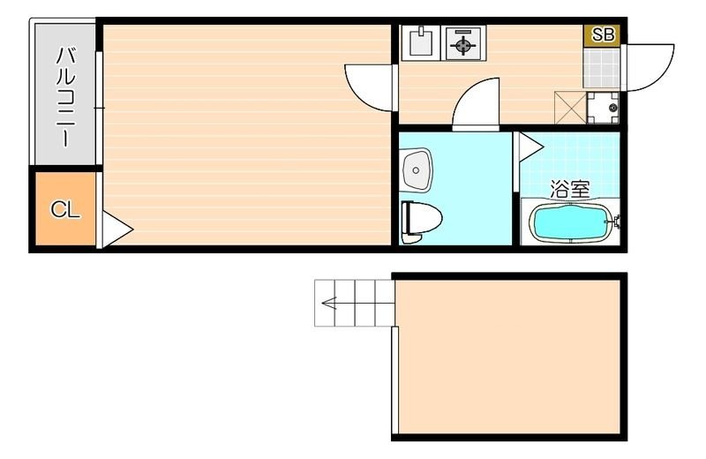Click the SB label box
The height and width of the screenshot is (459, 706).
click(603, 35)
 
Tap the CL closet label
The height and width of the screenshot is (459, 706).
click(65, 209)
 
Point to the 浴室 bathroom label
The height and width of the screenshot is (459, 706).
click(569, 189)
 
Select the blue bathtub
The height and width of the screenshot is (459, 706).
click(570, 223)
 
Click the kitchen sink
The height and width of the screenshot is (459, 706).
click(422, 42)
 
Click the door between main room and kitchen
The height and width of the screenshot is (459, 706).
click(369, 87)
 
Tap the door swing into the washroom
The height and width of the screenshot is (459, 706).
click(476, 104)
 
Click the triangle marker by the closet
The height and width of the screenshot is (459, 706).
click(116, 229)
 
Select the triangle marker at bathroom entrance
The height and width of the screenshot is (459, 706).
click(529, 147)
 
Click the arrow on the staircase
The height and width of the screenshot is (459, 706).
click(331, 305)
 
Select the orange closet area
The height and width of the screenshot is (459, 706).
click(65, 209)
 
